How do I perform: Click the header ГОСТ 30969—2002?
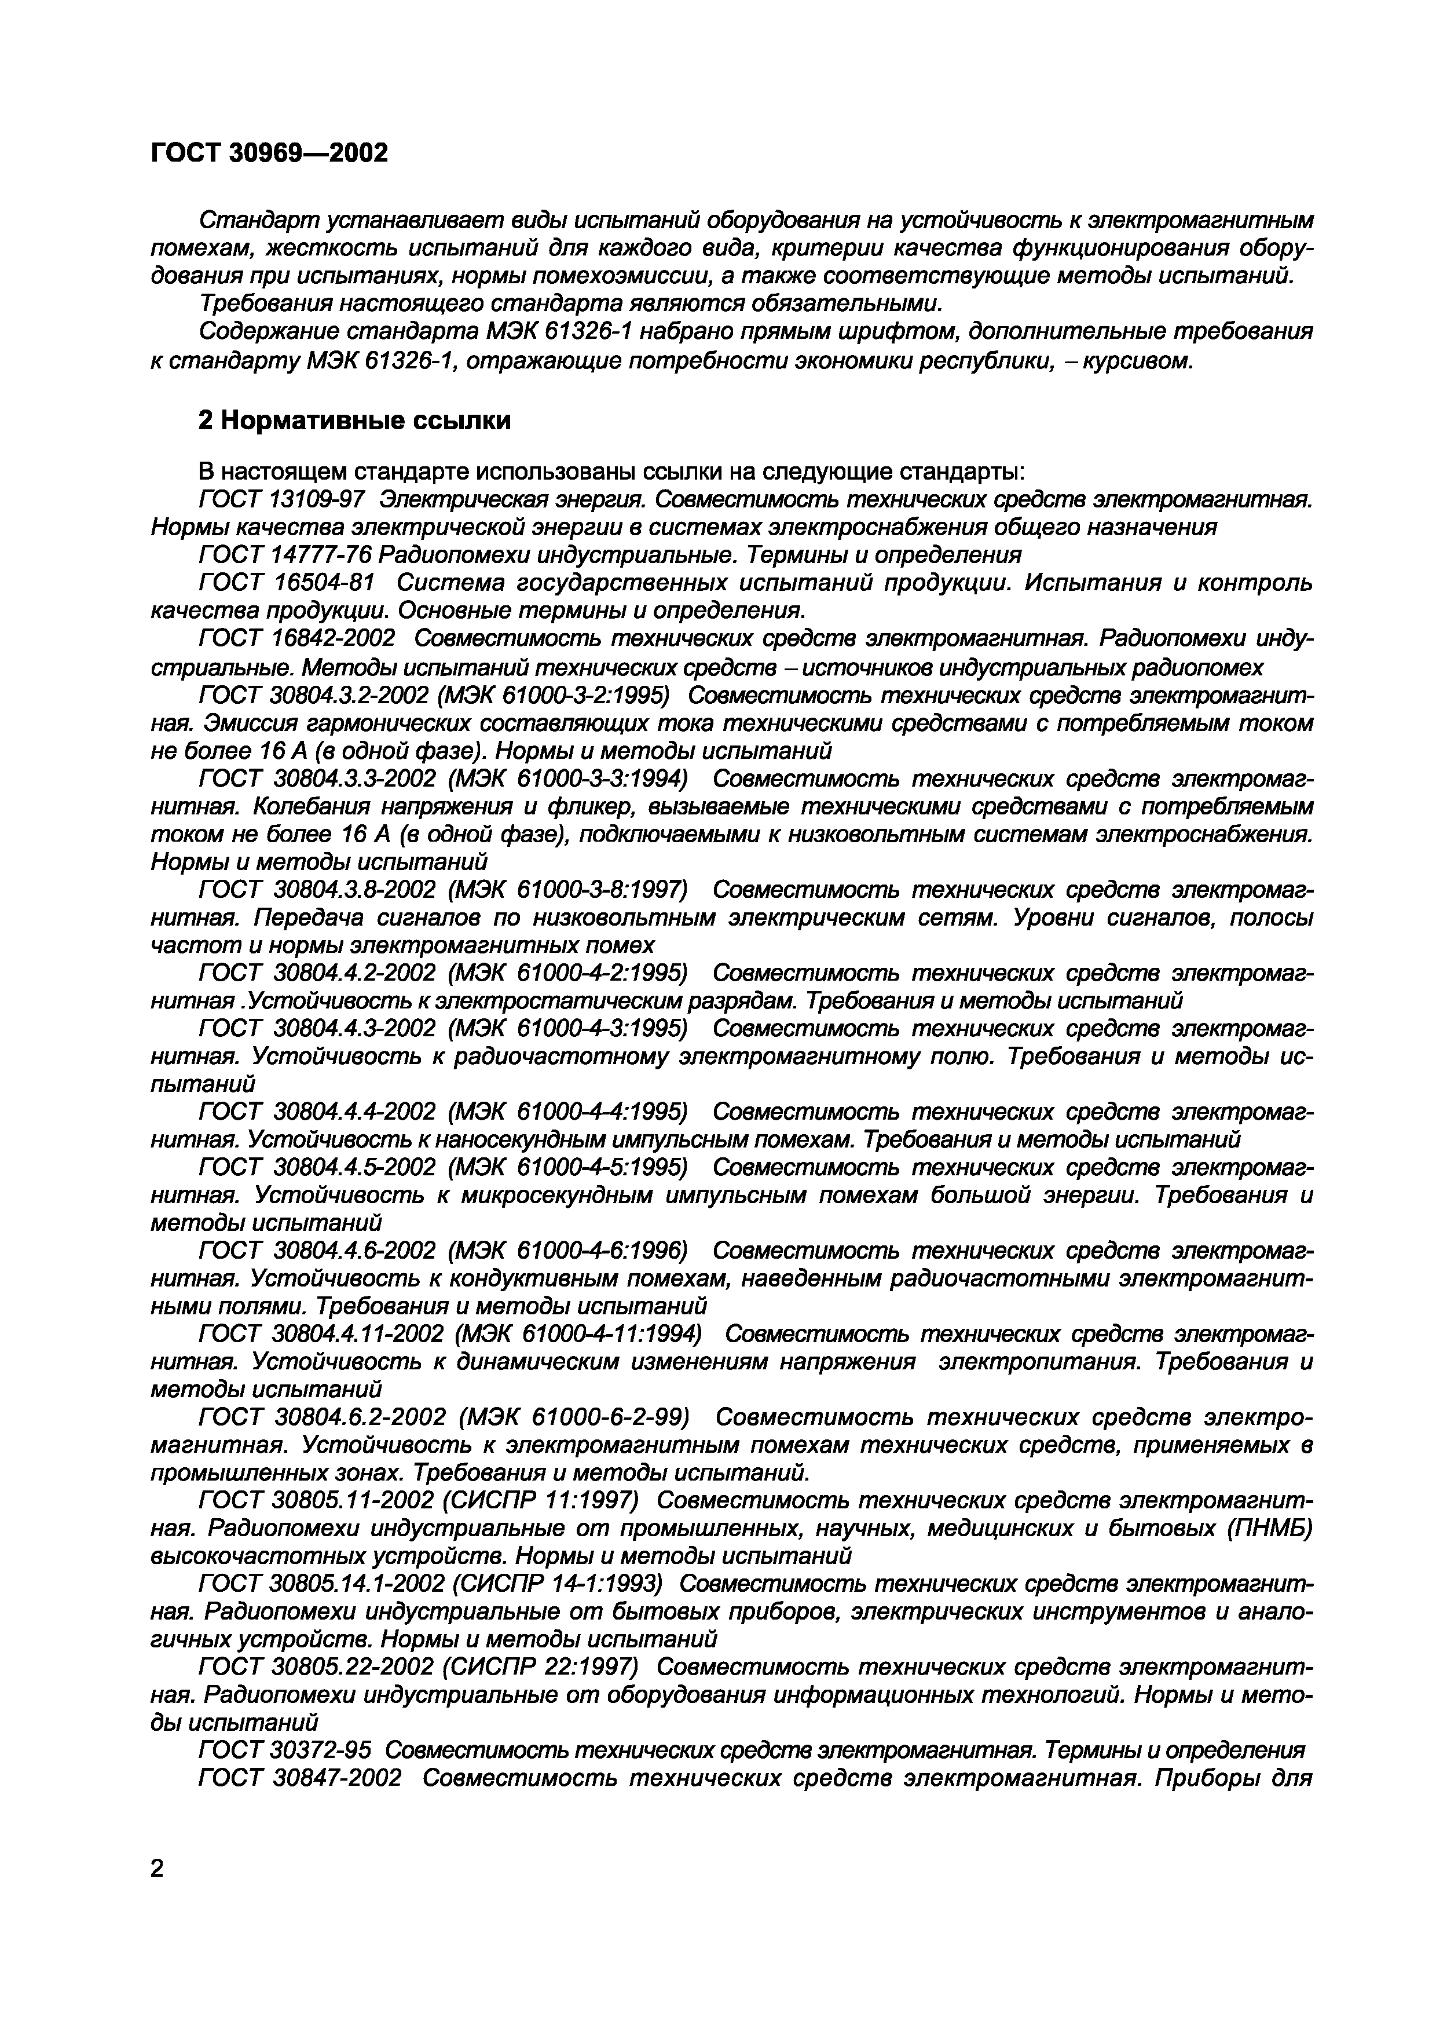269,153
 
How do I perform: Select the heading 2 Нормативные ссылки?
354,421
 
